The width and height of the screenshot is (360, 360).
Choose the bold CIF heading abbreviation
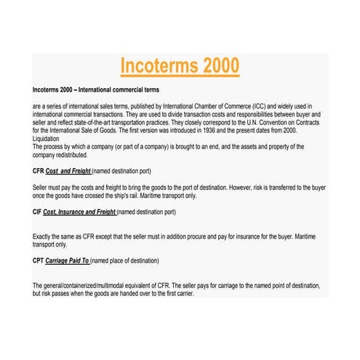click(x=38, y=212)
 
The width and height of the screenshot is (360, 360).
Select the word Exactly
click(x=44, y=237)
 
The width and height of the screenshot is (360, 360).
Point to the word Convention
click(x=279, y=122)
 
